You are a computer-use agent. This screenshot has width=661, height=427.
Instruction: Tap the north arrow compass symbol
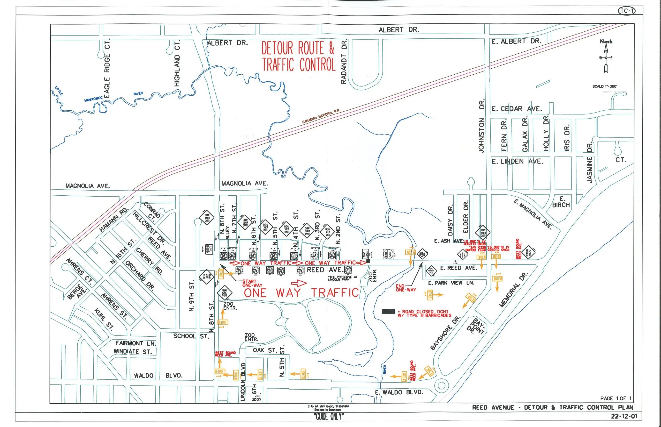(606, 58)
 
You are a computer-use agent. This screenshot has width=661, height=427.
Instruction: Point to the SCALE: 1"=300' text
(605, 86)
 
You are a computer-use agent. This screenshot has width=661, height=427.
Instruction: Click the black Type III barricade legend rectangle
(388, 312)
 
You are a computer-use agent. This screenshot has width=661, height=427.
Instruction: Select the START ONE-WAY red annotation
(252, 283)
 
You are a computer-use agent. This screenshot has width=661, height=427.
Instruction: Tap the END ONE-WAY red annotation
(406, 288)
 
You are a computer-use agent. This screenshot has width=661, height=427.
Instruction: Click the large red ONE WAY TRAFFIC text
(301, 293)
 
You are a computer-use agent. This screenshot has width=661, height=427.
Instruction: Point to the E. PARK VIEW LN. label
(451, 283)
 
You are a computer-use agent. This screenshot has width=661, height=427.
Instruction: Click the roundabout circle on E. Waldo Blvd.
(441, 385)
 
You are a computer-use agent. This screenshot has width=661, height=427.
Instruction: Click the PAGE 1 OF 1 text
(616, 398)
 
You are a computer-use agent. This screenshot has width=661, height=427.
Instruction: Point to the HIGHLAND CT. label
(177, 63)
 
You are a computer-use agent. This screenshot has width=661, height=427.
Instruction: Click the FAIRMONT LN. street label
(135, 343)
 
